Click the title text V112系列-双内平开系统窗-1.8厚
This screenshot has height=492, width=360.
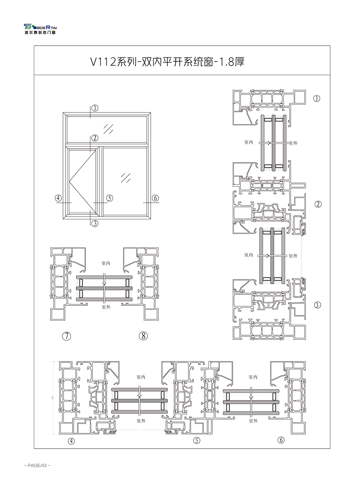[167, 61]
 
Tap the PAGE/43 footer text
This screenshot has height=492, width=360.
[37, 465]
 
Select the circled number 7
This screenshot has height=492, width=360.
[66, 336]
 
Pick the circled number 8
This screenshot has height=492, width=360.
[143, 336]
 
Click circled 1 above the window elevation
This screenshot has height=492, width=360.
[95, 108]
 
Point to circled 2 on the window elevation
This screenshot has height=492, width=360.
[95, 138]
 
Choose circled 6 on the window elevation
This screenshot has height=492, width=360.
[155, 198]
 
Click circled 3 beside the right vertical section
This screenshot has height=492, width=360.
[318, 305]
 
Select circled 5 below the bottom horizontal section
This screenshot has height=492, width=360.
[197, 440]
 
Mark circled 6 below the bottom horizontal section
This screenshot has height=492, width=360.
[281, 440]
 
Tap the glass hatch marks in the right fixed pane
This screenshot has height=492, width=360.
[125, 177]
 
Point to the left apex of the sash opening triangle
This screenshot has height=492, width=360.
[69, 182]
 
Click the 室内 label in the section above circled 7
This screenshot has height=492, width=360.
[106, 263]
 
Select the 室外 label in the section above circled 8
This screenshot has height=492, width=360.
[106, 307]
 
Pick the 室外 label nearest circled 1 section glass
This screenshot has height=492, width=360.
[293, 143]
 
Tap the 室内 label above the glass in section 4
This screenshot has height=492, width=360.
[141, 377]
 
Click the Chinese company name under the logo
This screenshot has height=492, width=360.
[40, 33]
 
